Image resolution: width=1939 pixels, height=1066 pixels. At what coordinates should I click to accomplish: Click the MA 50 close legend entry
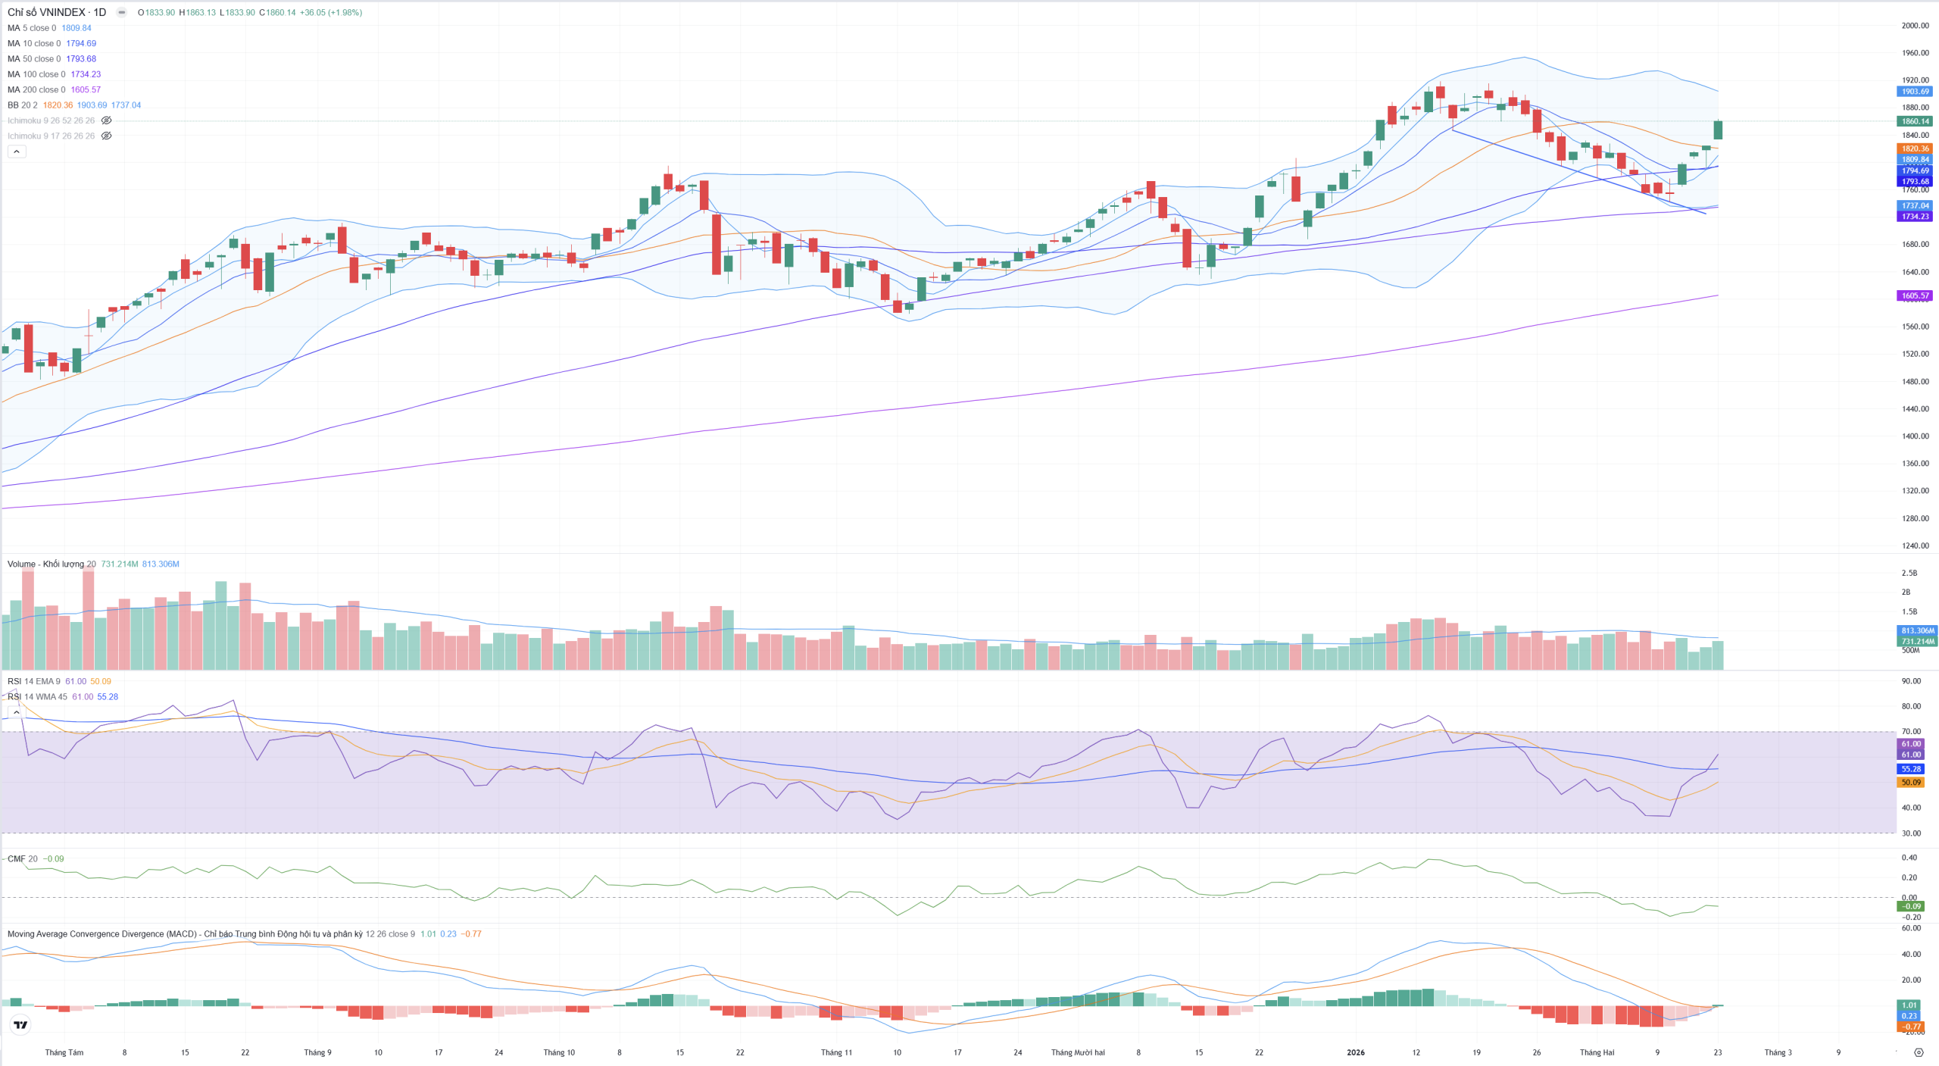click(x=33, y=59)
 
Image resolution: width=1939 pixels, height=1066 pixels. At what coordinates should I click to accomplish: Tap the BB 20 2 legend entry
click(x=22, y=105)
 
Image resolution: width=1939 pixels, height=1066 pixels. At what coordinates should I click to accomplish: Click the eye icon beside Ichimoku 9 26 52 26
click(x=107, y=120)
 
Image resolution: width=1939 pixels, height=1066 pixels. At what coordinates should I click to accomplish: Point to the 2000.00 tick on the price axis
click(x=1915, y=26)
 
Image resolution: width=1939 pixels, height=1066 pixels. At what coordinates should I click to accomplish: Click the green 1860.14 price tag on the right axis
click(x=1915, y=121)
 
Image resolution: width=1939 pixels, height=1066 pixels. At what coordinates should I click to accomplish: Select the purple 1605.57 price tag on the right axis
click(x=1915, y=296)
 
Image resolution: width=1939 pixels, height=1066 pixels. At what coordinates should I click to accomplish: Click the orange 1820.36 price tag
click(x=1915, y=148)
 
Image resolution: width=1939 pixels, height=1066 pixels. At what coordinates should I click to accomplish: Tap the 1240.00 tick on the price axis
click(x=1915, y=546)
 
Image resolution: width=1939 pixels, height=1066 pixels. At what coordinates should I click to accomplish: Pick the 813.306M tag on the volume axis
click(x=1916, y=630)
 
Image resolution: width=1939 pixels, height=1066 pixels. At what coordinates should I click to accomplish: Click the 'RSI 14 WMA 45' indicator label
click(x=37, y=697)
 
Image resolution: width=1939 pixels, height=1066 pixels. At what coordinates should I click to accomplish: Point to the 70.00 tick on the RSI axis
click(x=1911, y=732)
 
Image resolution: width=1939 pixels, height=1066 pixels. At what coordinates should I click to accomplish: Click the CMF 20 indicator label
click(x=22, y=859)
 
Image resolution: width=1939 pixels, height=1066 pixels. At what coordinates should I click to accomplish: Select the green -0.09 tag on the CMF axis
click(x=1912, y=906)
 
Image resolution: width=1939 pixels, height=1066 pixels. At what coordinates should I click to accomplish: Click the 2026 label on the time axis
click(x=1355, y=1052)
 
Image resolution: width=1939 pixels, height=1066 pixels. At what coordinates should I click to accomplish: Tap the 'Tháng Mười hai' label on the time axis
click(x=1077, y=1052)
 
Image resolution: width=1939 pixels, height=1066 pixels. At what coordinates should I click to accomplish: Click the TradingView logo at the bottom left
click(x=20, y=1025)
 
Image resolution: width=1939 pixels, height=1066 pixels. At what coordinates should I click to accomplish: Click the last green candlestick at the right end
click(x=1718, y=130)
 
